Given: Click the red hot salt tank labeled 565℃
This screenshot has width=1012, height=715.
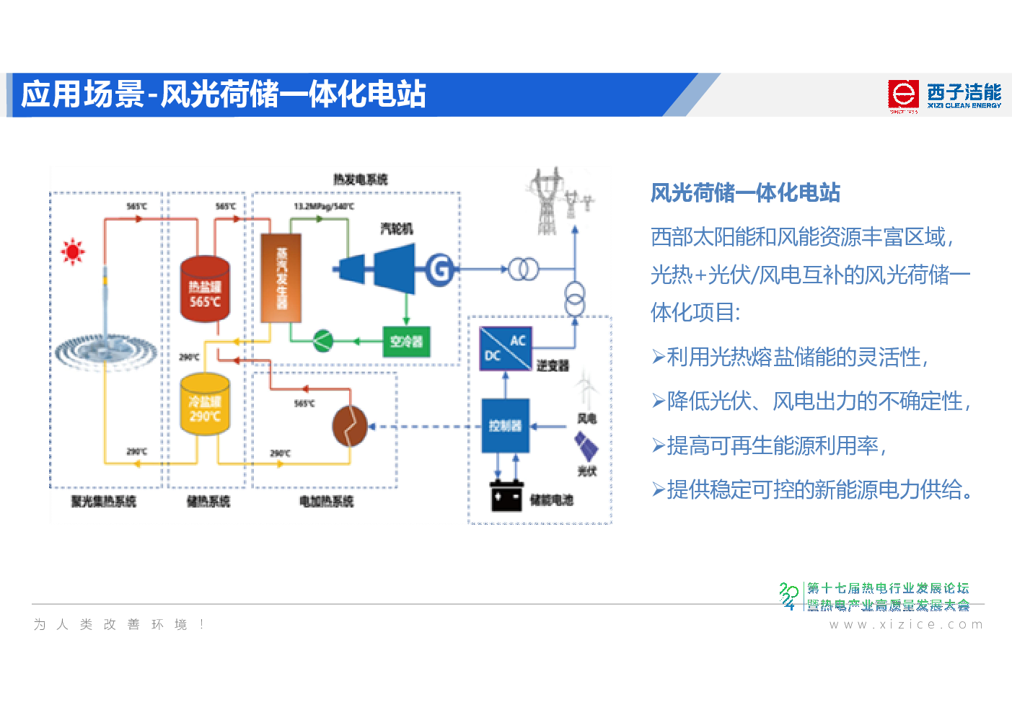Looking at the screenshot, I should [x=205, y=288].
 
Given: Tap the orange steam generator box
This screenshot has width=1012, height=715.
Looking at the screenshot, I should [x=281, y=278].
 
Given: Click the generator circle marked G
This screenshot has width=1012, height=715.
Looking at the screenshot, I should [x=439, y=270].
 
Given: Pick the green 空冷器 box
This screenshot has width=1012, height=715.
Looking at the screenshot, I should [x=406, y=342].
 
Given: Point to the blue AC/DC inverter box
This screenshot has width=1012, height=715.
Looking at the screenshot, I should [x=505, y=348].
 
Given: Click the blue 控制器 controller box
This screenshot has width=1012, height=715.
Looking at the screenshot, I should [x=505, y=425].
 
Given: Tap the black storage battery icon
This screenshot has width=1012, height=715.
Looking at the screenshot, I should [x=506, y=496].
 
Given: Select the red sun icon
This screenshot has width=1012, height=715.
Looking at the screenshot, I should [x=73, y=252].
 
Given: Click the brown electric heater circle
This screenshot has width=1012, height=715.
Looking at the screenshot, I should [x=350, y=426].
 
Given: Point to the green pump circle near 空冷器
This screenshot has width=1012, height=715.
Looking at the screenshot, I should [x=322, y=340].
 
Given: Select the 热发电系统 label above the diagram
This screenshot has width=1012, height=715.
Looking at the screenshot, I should [x=360, y=179].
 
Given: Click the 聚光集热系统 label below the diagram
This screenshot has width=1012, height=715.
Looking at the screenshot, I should [x=103, y=501].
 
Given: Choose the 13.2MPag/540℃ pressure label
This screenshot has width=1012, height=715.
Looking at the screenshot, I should [x=324, y=207].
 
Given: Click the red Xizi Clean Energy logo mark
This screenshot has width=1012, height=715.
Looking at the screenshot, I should [x=902, y=95].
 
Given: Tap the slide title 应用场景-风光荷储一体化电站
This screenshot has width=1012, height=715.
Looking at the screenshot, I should [x=224, y=94].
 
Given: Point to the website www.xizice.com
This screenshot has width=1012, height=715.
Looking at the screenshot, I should [x=906, y=624].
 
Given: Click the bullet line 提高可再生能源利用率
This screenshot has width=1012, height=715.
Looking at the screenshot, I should [x=775, y=445].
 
